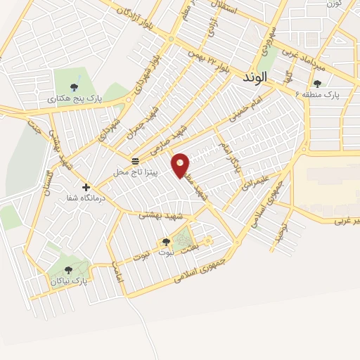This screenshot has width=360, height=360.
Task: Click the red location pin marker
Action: (x=181, y=165)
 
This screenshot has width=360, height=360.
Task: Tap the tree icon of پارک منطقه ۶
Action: (x=317, y=83)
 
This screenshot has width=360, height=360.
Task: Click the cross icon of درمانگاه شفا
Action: (x=86, y=188)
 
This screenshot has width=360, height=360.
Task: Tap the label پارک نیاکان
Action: (x=69, y=281)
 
